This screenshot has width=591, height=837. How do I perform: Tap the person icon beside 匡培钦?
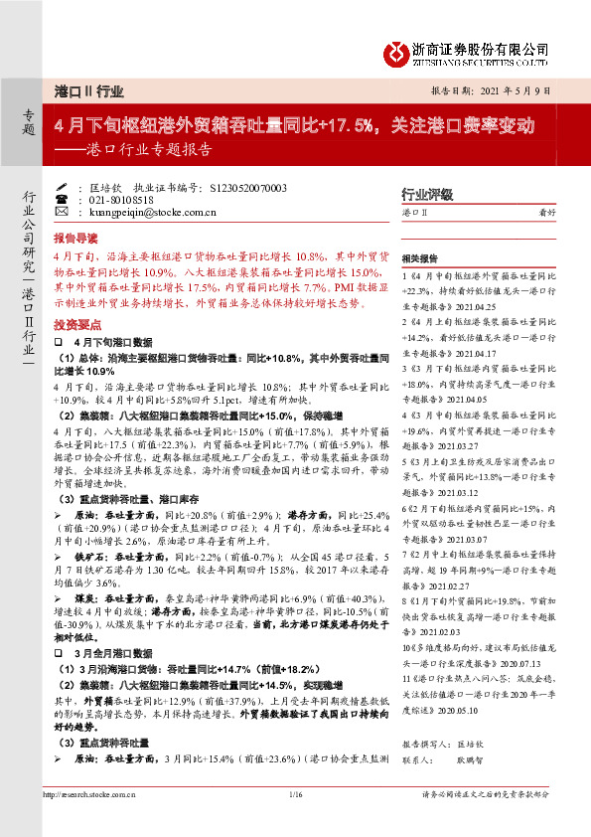pyautogui.click(x=62, y=186)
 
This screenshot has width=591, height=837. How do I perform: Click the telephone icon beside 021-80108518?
pyautogui.click(x=62, y=199)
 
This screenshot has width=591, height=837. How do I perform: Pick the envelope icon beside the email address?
pyautogui.click(x=62, y=212)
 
